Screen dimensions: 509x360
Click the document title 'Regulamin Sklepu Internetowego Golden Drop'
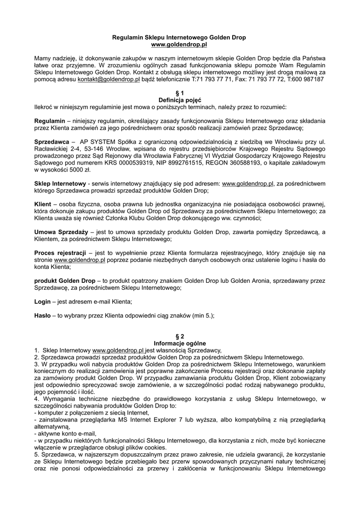(179, 37)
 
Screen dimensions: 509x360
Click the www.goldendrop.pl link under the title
(179, 44)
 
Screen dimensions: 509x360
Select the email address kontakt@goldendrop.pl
(109, 79)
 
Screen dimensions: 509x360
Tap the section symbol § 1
(180, 93)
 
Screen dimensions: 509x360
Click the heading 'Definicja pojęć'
(180, 100)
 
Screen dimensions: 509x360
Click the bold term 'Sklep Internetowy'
(60, 183)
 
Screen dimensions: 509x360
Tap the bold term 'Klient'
(43, 204)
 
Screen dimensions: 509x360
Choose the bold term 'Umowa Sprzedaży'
(61, 232)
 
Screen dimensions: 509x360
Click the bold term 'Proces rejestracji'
(60, 253)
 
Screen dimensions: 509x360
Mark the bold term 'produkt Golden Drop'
(65, 281)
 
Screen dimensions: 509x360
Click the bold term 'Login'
(42, 302)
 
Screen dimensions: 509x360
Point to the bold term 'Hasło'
(43, 316)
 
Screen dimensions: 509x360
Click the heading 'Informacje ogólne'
(180, 343)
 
